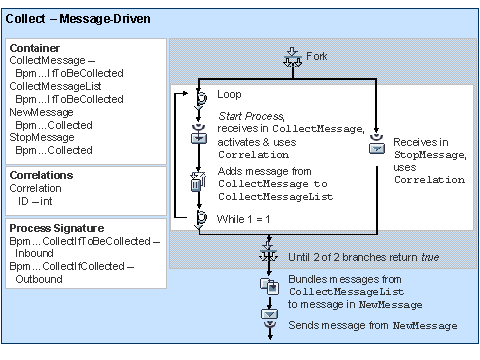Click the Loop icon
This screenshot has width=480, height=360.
click(198, 97)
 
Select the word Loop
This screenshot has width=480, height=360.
click(230, 95)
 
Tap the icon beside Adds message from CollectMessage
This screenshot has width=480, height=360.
click(198, 181)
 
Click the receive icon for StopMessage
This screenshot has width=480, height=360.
click(376, 148)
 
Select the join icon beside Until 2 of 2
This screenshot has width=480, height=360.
click(268, 257)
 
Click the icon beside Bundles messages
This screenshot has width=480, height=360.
click(268, 286)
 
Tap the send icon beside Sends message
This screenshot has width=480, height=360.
click(268, 314)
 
